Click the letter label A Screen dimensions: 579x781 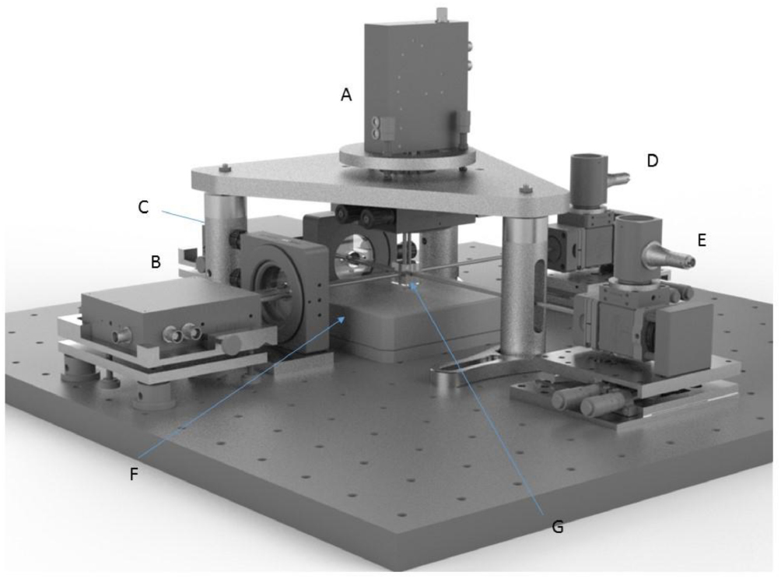[347, 95]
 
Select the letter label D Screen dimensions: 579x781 [652, 160]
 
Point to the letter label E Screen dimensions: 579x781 [702, 240]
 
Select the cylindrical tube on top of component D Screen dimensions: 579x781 [590, 177]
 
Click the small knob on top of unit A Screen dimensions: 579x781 [444, 13]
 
